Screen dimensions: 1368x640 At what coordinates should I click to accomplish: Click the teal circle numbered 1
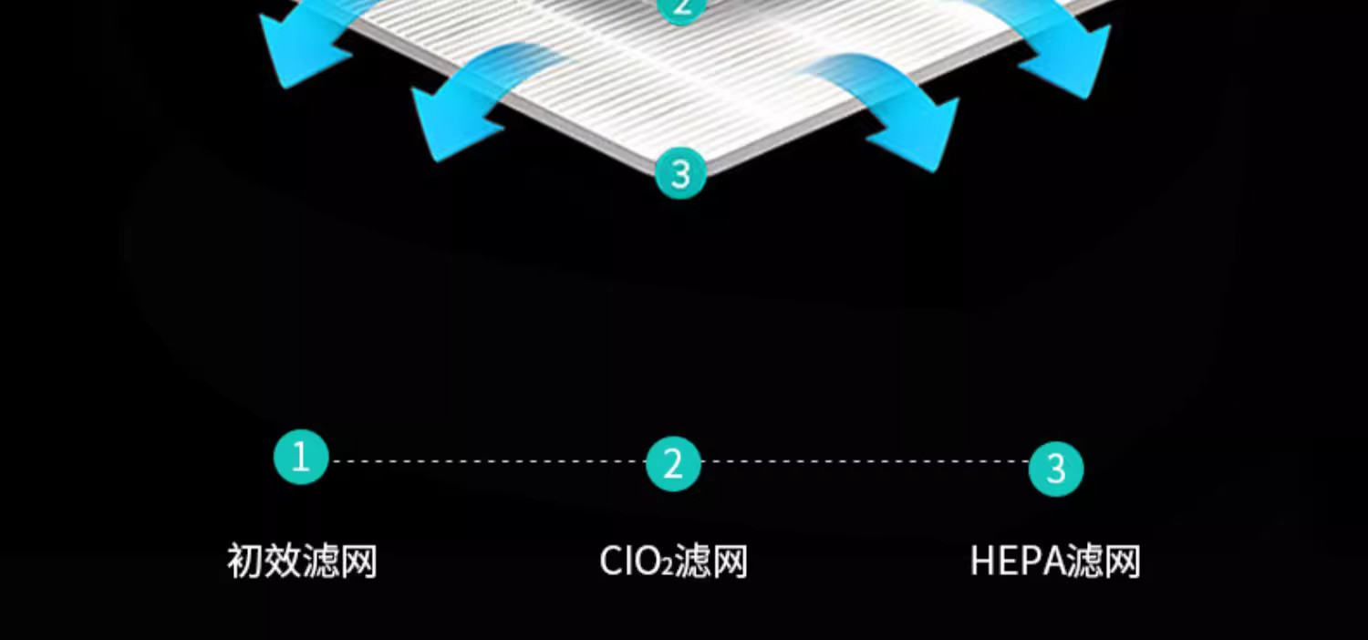pos(300,457)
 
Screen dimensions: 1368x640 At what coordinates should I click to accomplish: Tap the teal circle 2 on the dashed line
pos(673,464)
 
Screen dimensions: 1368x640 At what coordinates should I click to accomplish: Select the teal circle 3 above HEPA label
pos(1055,469)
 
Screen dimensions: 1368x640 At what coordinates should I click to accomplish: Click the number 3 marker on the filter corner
pos(680,173)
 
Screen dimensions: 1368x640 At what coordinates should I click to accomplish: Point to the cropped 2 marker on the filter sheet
pos(680,8)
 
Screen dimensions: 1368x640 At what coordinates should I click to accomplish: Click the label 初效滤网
pos(302,561)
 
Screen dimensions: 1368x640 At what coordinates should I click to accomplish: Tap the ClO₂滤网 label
pos(673,562)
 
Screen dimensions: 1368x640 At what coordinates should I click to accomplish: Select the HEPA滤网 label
pos(1055,562)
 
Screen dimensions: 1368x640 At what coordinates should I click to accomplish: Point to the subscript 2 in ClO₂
pos(665,569)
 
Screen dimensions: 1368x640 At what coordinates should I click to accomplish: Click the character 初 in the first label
pos(245,561)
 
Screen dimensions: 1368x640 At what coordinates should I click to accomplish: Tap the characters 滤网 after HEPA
pos(1105,562)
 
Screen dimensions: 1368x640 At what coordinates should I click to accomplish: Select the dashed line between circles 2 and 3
pos(865,461)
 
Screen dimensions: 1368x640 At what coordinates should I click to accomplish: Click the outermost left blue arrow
pos(301,46)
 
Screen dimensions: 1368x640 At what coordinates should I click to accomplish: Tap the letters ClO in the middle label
pos(629,562)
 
